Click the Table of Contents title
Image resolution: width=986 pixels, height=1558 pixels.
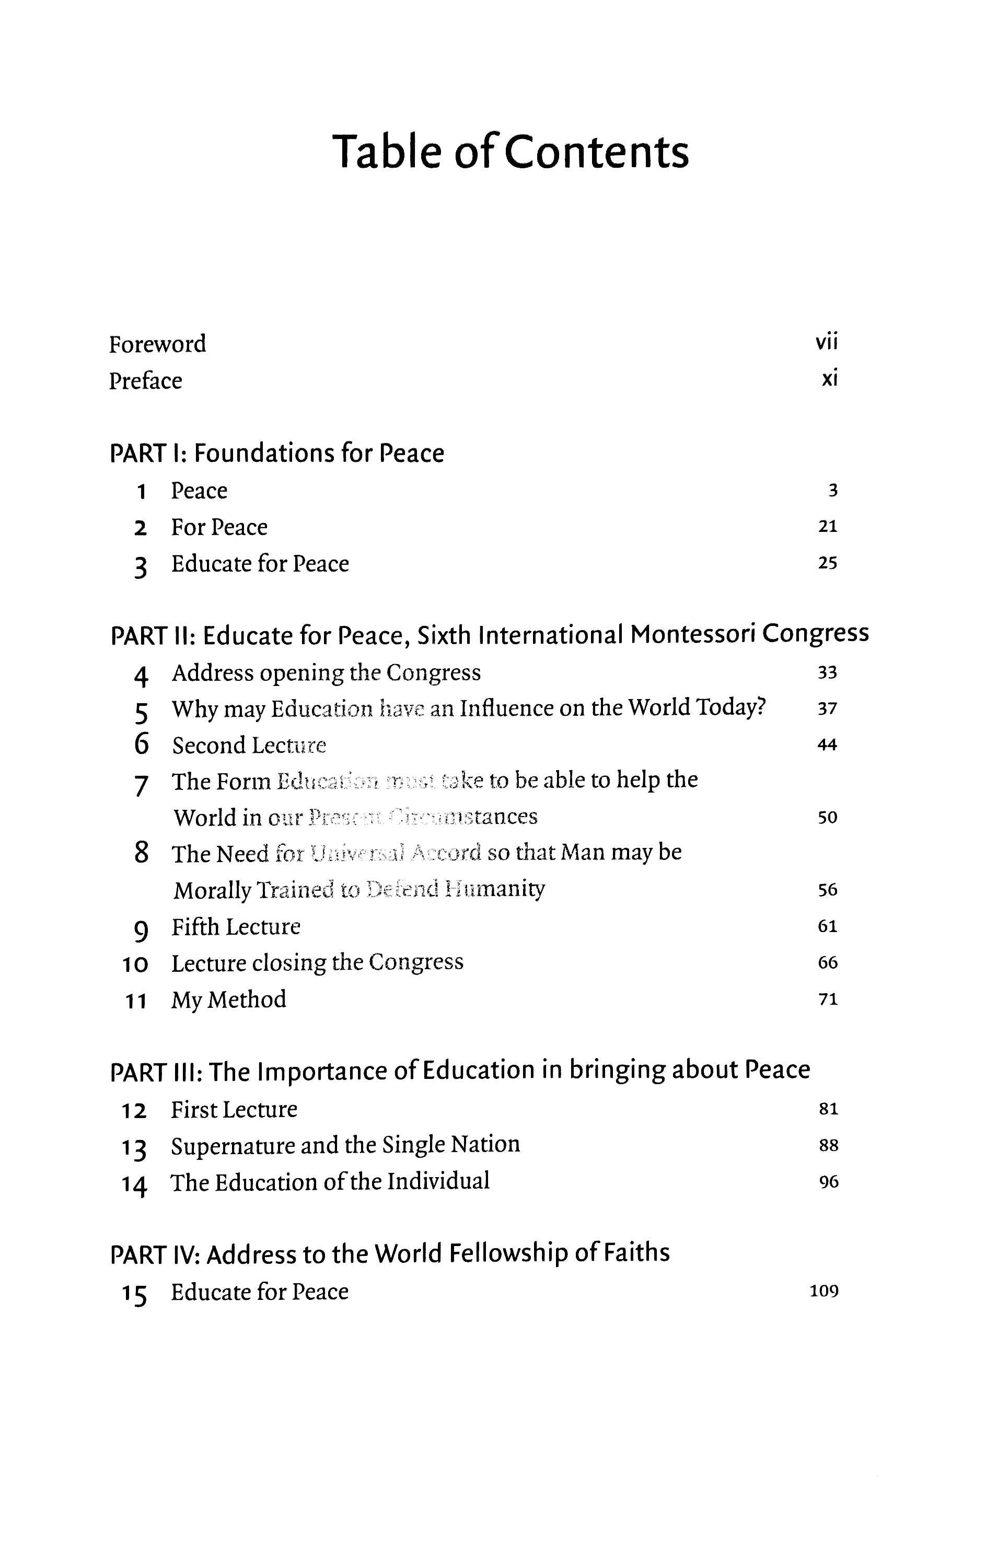point(511,152)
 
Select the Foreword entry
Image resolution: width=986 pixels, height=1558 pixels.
point(157,344)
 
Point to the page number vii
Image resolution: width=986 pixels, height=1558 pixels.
point(827,342)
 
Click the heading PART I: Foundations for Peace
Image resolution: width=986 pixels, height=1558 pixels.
point(277,453)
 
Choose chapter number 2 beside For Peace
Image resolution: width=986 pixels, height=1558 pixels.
point(141,529)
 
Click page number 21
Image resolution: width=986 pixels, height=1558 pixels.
point(828,527)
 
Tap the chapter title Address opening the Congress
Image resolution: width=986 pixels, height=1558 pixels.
point(326,673)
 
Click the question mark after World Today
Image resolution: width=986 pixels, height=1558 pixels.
point(761,707)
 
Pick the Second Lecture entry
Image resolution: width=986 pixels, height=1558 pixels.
point(249,746)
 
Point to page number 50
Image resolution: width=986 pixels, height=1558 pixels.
point(828,818)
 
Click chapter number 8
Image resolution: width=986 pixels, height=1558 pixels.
point(142,853)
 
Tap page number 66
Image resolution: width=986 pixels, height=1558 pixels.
point(828,963)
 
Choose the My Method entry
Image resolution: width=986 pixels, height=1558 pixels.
point(228,999)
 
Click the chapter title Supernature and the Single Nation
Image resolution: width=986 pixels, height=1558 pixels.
point(345,1145)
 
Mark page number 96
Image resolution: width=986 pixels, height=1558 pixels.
point(828,1182)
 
